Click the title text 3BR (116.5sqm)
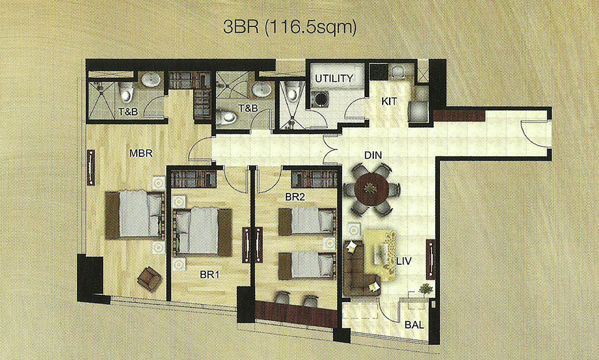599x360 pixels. (x=290, y=28)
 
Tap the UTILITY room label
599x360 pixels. (x=334, y=78)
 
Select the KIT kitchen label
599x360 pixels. (x=389, y=102)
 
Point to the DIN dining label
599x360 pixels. (x=373, y=155)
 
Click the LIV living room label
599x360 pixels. (x=404, y=262)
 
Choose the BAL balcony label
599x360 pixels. (x=414, y=325)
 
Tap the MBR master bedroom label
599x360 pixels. (x=141, y=154)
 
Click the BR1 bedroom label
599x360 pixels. (x=209, y=274)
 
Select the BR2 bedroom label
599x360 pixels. (x=294, y=197)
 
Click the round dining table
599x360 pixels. (x=371, y=189)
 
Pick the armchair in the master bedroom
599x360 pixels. (x=149, y=279)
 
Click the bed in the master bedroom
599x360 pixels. (x=134, y=215)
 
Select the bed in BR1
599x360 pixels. (x=202, y=232)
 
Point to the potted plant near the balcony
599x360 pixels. (x=426, y=289)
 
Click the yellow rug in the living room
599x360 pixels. (x=380, y=255)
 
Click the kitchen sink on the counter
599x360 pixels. (x=398, y=71)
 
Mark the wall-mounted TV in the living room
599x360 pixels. (x=431, y=259)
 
